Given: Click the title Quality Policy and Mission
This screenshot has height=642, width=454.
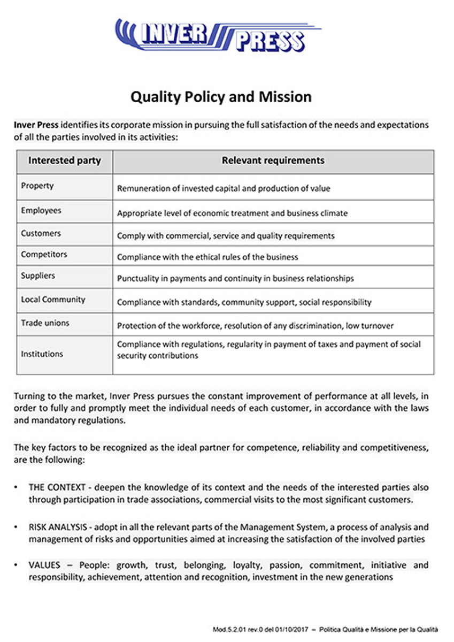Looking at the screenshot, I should point(221,97).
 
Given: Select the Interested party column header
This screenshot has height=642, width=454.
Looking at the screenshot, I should point(64,160).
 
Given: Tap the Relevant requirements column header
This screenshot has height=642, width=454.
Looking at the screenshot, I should point(273,160).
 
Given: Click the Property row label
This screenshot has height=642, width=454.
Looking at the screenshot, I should point(37,186).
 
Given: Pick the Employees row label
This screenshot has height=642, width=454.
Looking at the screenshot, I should point(41,211).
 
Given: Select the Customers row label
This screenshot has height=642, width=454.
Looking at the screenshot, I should point(41,233).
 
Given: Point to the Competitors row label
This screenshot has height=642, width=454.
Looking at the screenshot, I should point(44,255).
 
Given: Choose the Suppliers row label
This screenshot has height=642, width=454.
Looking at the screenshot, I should point(38,276).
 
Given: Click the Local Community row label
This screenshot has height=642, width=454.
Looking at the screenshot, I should point(53,300).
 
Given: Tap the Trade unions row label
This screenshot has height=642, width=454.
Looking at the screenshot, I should point(45,323).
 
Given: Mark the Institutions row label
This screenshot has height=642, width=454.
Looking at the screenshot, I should point(42,354).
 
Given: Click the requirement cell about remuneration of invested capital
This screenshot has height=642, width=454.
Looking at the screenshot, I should point(224,188).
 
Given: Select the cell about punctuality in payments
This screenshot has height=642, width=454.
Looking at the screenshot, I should point(235,279).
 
